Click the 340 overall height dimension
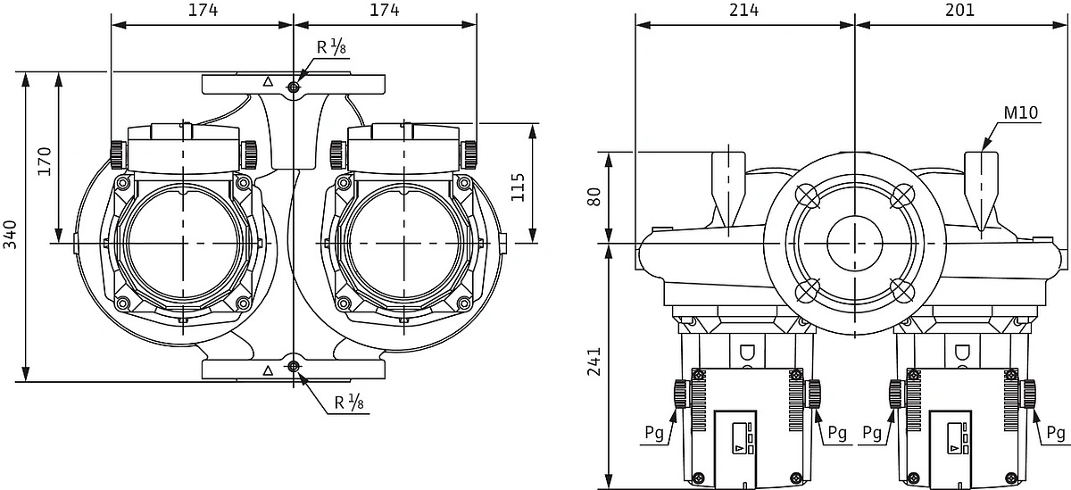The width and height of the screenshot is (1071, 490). point(11,234)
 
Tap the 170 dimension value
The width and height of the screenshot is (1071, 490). point(44,162)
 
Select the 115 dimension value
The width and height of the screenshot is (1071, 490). point(518,187)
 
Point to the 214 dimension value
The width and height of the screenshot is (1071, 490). point(743,10)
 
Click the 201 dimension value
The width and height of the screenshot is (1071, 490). point(959,10)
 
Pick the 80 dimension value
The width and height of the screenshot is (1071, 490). point(594,196)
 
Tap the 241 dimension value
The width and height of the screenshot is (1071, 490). point(594,361)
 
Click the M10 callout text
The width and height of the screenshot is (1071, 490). point(1021,112)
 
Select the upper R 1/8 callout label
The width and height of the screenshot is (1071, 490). point(331,46)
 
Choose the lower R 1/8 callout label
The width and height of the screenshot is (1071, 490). point(349,402)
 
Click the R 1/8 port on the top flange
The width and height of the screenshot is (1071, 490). point(293,87)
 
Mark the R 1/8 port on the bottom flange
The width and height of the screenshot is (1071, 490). point(293,367)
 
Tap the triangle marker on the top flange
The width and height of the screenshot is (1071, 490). point(268,82)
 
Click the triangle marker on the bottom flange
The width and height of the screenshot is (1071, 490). point(268,370)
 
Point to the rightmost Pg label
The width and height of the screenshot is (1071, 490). point(1055,433)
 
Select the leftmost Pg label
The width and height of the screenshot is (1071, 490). point(654,433)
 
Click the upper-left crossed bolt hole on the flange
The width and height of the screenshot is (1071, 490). point(808,196)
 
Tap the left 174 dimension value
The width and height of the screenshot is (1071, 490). point(203,10)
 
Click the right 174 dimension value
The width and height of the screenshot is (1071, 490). point(385,10)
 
